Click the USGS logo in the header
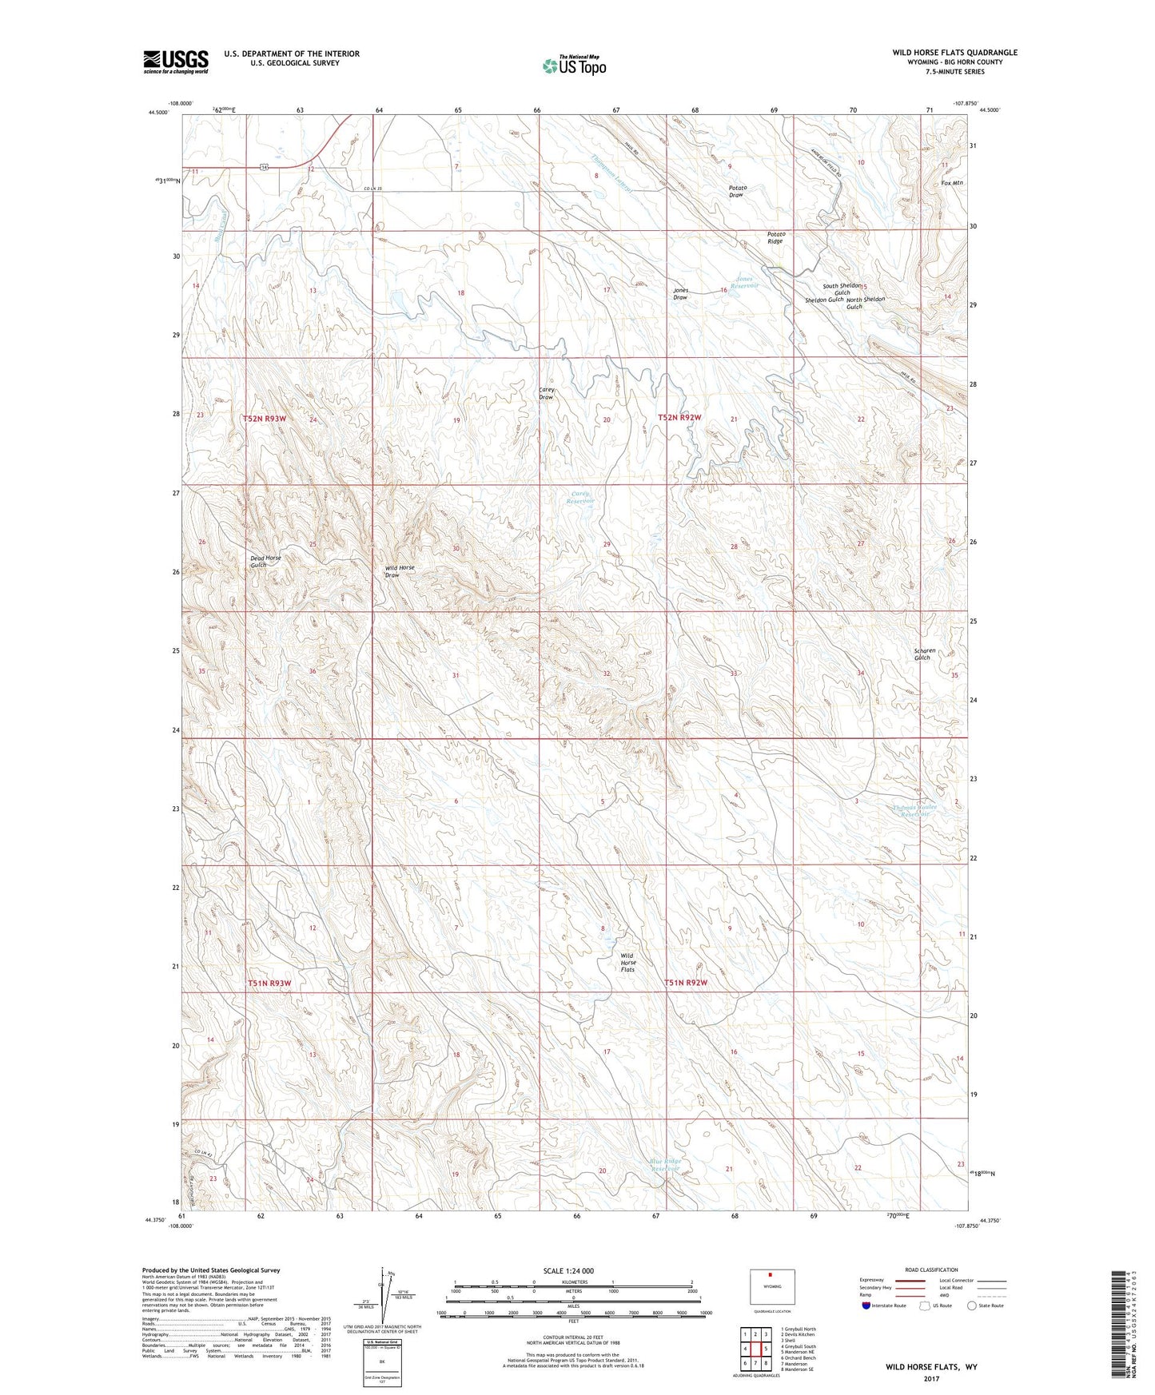click(176, 62)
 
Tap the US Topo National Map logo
click(574, 65)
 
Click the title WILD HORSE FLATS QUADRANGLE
click(955, 53)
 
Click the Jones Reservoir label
click(744, 283)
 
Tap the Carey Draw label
click(547, 393)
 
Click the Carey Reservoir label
click(580, 497)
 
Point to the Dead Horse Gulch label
click(265, 561)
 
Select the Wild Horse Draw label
click(400, 570)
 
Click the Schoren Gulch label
click(924, 654)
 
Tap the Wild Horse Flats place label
click(628, 962)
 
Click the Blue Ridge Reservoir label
click(664, 1165)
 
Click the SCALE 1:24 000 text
click(568, 1270)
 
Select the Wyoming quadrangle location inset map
click(771, 1287)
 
